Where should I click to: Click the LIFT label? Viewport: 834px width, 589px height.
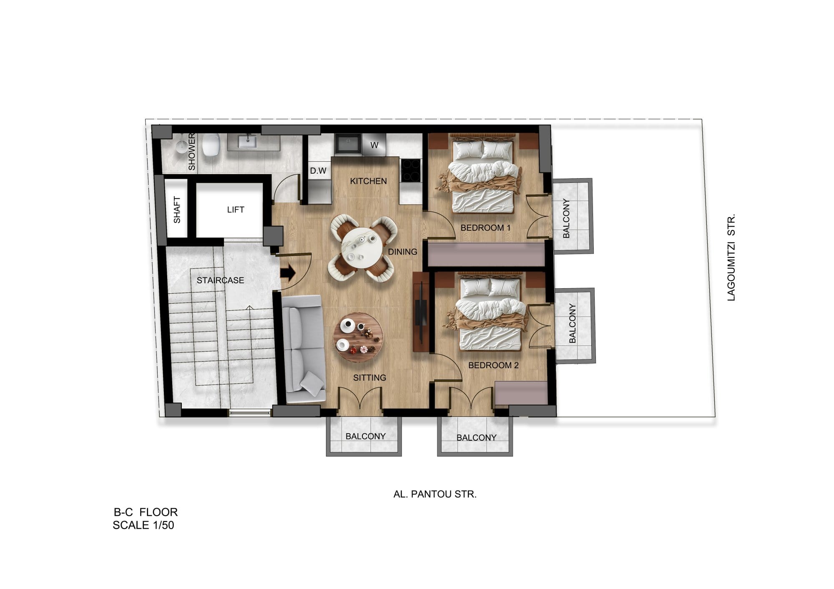pyautogui.click(x=236, y=210)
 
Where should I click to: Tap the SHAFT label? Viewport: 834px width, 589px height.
pyautogui.click(x=177, y=210)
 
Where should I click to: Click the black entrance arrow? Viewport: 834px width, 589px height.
pyautogui.click(x=288, y=273)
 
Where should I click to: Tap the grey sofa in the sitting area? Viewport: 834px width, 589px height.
pyautogui.click(x=304, y=349)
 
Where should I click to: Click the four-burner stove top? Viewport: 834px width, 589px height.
pyautogui.click(x=410, y=171)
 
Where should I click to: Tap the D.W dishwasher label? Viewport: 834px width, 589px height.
pyautogui.click(x=318, y=171)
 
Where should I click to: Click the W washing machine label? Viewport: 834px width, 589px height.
pyautogui.click(x=374, y=145)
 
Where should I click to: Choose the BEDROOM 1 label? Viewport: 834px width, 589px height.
pyautogui.click(x=485, y=228)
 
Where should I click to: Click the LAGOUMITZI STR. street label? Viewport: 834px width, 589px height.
pyautogui.click(x=731, y=257)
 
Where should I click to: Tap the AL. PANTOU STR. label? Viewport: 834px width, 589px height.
pyautogui.click(x=435, y=494)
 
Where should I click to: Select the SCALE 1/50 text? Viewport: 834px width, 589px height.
pyautogui.click(x=143, y=525)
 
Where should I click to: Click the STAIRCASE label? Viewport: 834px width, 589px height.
pyautogui.click(x=220, y=280)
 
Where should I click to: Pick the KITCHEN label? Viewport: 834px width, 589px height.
pyautogui.click(x=368, y=181)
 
